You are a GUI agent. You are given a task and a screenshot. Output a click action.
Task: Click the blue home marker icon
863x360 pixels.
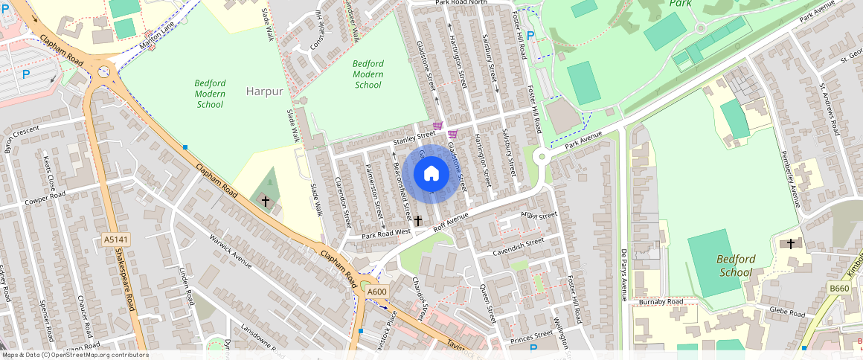tap(431, 174)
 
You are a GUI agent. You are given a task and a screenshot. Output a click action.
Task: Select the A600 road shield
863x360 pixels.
tap(377, 292)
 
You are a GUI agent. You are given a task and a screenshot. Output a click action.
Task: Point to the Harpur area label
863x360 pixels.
tap(264, 91)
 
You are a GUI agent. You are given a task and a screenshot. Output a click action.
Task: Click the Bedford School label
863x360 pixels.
tap(736, 266)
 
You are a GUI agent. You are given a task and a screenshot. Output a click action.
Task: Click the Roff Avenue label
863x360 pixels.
tap(452, 222)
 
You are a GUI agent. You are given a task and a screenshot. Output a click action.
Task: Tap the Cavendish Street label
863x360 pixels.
tap(519, 247)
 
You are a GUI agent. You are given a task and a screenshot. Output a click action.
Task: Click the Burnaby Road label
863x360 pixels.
tap(661, 302)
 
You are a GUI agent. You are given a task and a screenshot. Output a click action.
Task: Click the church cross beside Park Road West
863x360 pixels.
tap(418, 221)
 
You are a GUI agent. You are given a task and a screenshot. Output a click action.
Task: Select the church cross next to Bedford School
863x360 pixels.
tap(790, 243)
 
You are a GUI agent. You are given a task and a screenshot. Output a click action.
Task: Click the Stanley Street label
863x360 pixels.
tap(414, 136)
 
